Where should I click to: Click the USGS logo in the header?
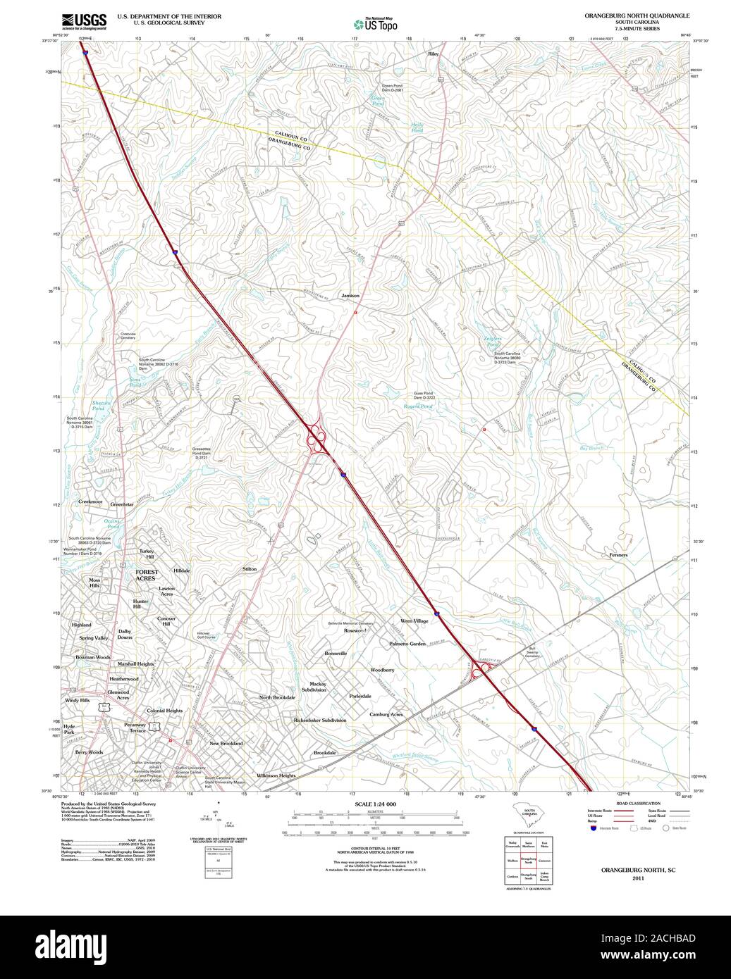84,21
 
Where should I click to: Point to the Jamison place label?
350,296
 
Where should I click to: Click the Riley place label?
433,54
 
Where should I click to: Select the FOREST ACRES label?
146,575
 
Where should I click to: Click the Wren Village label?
414,621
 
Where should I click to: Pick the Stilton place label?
250,568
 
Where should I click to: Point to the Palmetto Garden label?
407,644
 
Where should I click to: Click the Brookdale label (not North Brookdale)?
325,753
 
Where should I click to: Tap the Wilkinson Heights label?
276,775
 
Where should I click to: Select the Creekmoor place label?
90,501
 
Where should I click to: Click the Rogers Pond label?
418,406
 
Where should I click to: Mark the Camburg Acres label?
386,714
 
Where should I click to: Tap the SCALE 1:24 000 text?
376,804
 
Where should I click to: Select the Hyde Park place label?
68,729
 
